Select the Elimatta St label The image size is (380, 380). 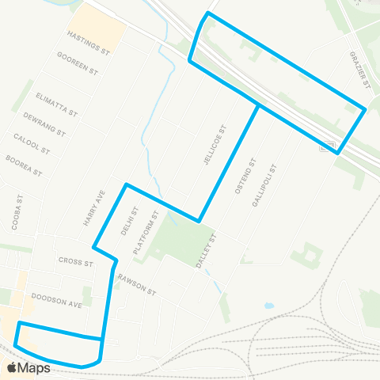56,103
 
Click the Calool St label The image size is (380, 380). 32,144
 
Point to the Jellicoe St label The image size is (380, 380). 213,144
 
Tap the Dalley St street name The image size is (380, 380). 207,250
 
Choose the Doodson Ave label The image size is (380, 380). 57,299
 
